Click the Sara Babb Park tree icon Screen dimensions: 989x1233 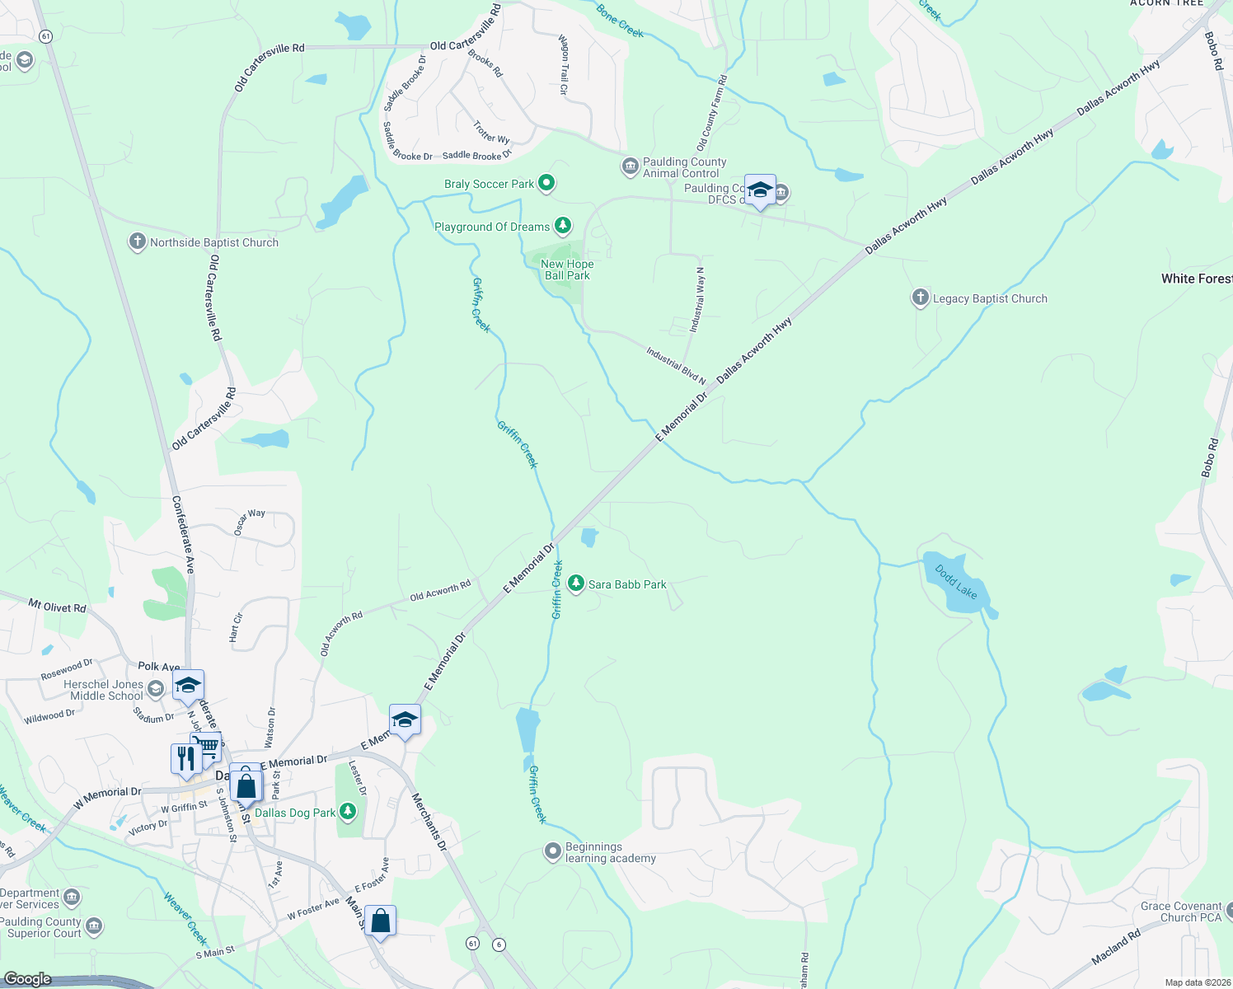[576, 584]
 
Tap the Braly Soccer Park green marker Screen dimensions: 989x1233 [546, 183]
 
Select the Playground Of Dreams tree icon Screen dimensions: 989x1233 [562, 226]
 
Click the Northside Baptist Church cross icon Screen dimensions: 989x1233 [138, 241]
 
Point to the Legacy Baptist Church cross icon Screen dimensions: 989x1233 [920, 298]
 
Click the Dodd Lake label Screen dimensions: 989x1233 [956, 582]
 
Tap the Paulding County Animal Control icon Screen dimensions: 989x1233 [630, 167]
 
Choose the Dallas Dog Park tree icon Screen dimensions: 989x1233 [348, 812]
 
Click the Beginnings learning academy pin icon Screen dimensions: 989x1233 [553, 851]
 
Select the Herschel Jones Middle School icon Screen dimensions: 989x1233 [156, 689]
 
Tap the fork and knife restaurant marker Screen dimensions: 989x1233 [186, 758]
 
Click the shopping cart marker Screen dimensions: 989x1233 [208, 746]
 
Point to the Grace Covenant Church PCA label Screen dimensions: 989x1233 [1180, 912]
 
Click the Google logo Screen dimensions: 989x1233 [27, 979]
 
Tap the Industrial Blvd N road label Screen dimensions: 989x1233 [676, 366]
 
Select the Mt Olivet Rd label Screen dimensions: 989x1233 [57, 607]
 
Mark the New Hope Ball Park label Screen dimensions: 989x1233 [567, 270]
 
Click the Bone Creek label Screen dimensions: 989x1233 [619, 21]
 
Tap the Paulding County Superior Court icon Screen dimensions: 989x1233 [94, 927]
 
